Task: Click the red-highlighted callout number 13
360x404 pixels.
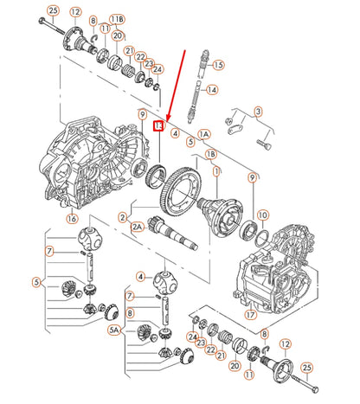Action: tap(157, 126)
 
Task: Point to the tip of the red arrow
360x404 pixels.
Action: tap(167, 120)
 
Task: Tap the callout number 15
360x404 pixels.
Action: tap(217, 64)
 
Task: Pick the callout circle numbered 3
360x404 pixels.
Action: tap(258, 111)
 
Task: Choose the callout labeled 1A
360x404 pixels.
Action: tap(204, 135)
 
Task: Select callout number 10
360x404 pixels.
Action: tap(262, 214)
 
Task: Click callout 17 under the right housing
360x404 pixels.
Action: tap(250, 314)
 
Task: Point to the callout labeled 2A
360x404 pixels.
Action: tap(137, 227)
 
